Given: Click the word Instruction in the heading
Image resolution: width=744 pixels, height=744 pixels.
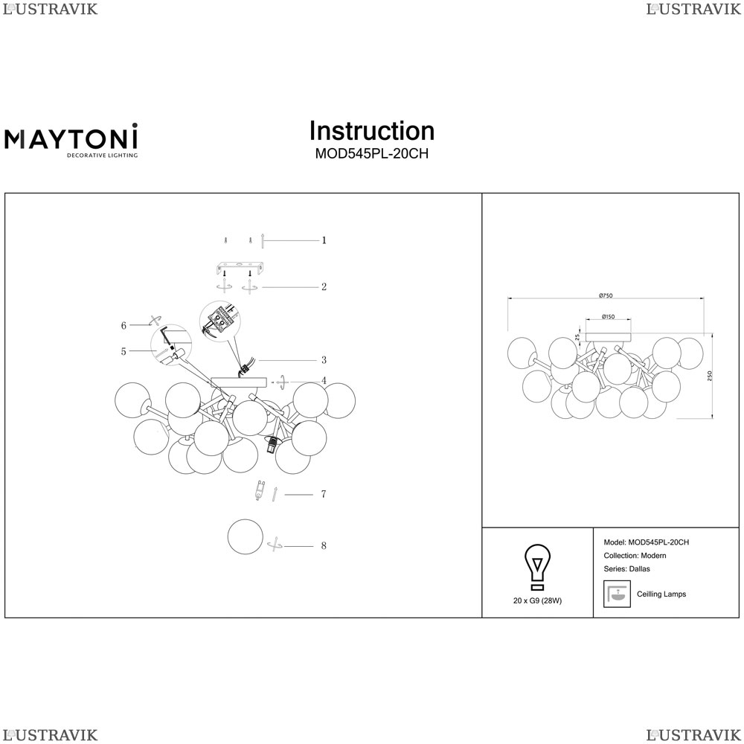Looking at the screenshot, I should click(371, 131).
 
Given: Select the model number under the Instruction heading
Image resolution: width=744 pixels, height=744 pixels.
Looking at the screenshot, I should click(371, 154).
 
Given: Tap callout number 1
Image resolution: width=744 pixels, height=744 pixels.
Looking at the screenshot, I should click(324, 240).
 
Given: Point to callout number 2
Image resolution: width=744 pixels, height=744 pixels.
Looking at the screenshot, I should click(324, 286).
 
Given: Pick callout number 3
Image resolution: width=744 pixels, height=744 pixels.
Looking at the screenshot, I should click(324, 360).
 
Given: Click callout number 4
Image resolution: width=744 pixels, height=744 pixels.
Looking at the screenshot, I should click(324, 381).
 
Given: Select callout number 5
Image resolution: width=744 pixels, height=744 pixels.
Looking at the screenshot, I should click(124, 351).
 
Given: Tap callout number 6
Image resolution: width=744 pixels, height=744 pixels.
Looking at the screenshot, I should click(124, 325).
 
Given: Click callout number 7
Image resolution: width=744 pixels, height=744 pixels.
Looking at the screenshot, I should click(324, 494).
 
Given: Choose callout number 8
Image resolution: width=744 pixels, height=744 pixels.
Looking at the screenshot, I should click(324, 546).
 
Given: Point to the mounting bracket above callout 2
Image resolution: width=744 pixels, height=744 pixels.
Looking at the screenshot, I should click(240, 266).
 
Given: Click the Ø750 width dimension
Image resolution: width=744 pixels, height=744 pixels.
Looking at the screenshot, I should click(606, 295).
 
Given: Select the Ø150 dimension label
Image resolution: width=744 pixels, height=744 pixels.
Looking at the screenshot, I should click(607, 317).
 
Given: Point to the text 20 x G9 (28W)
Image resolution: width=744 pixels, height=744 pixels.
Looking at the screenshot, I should click(537, 600).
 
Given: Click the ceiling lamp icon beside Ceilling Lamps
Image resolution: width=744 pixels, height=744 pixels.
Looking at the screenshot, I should click(617, 593).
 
